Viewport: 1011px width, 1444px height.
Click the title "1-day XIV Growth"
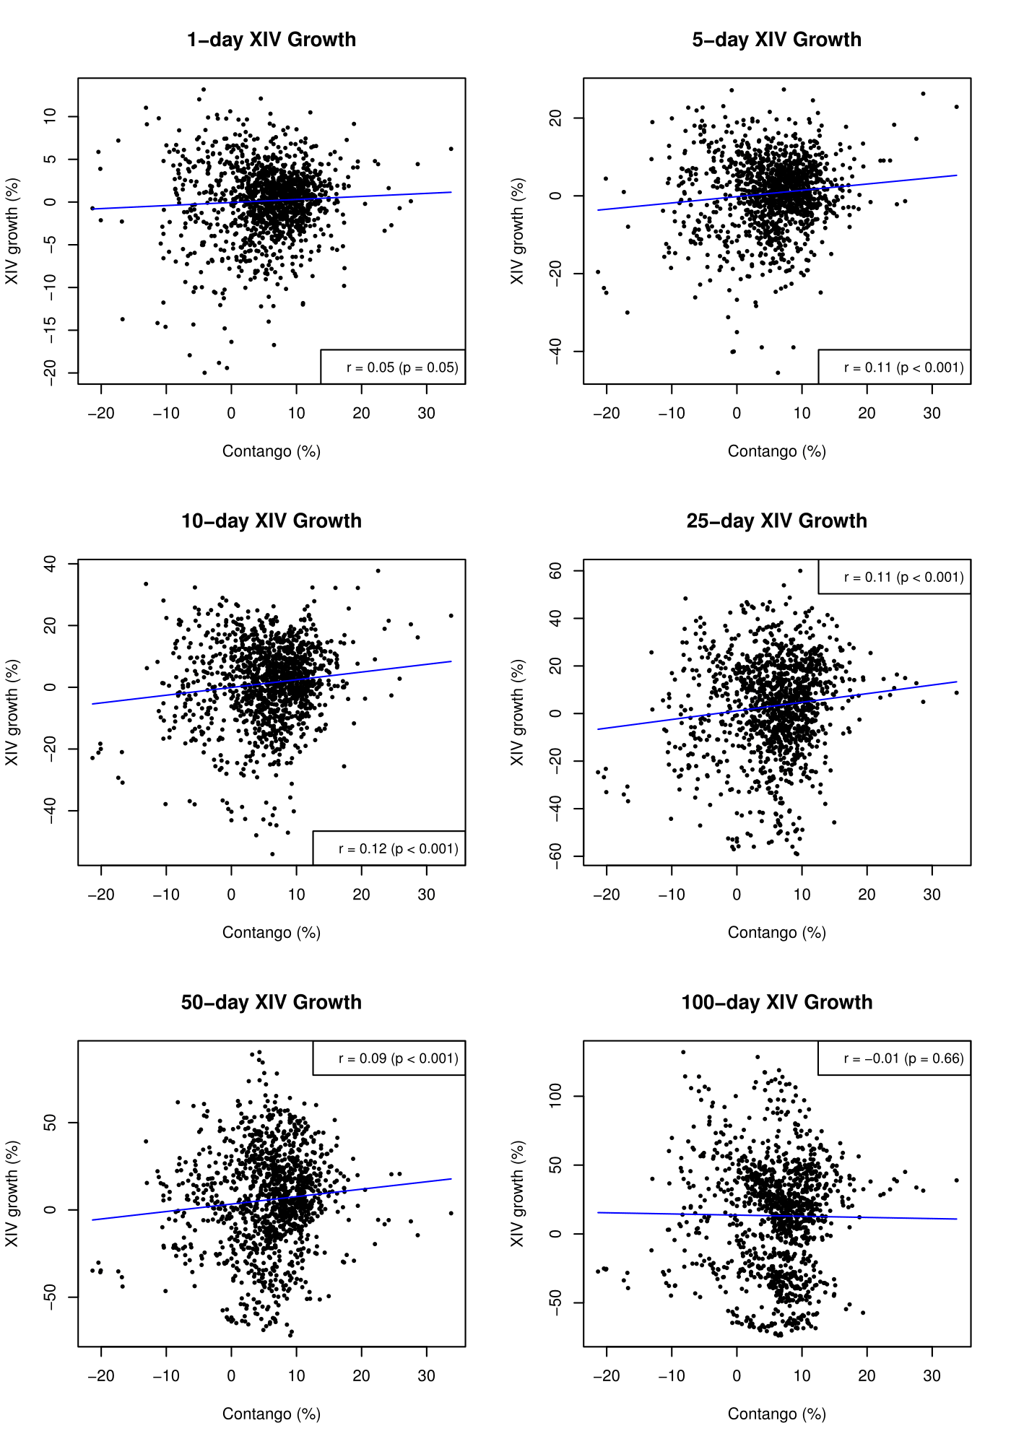pos(272,40)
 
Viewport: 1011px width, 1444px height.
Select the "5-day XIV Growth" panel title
pos(777,40)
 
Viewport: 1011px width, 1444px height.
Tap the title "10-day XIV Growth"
pos(272,521)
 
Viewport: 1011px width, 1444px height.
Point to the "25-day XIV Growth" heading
pos(777,521)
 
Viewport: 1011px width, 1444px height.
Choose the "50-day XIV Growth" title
pos(272,1002)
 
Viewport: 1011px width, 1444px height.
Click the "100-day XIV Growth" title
pos(777,1002)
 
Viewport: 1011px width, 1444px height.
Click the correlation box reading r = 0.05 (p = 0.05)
pos(402,367)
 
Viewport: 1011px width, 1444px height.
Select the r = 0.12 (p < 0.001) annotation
pos(399,849)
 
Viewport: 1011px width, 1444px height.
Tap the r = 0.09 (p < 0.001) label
pos(399,1058)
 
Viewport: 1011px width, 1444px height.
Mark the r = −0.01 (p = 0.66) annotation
pos(904,1058)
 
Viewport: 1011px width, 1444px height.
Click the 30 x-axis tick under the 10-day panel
pos(426,895)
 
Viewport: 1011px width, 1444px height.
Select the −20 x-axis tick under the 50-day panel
pos(100,1376)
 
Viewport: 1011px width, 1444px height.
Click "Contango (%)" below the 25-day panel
pos(777,933)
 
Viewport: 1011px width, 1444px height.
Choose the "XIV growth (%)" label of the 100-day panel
pos(517,1193)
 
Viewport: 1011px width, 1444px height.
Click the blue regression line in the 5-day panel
pos(777,193)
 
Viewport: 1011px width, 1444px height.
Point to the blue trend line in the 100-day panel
pos(777,1216)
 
